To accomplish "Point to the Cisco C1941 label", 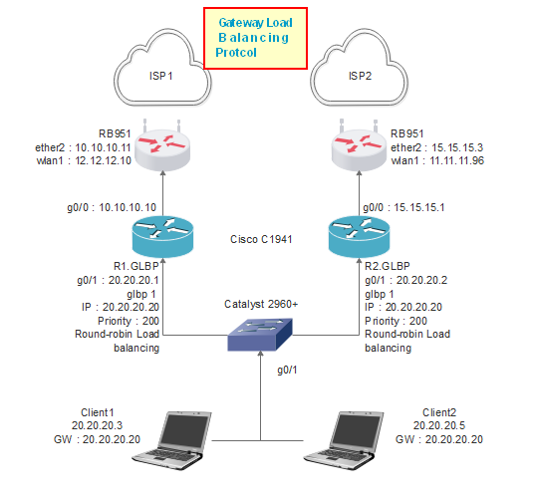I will click(261, 239).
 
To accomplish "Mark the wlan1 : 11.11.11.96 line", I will click(437, 160).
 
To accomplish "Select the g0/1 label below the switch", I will click(286, 372).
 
